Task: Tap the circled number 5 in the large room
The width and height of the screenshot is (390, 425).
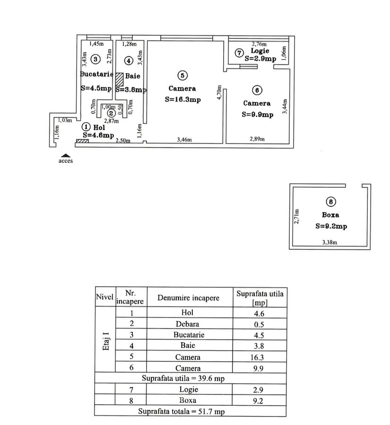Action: point(182,75)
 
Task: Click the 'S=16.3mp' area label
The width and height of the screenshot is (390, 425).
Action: point(182,100)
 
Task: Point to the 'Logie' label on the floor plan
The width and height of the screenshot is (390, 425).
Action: point(260,51)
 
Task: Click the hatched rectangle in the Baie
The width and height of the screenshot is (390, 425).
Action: point(119,78)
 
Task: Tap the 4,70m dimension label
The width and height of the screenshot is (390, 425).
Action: point(219,93)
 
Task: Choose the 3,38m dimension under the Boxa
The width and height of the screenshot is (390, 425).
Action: point(330,243)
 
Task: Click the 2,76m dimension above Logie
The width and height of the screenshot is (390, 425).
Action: point(259,44)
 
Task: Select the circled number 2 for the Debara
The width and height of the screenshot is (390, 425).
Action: point(111,113)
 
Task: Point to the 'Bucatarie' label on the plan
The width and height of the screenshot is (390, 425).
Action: point(96,74)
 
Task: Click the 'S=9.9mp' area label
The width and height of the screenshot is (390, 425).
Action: point(257,114)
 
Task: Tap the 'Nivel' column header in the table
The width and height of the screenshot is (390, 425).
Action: point(104,297)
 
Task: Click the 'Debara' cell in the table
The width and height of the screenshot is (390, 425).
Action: point(191,324)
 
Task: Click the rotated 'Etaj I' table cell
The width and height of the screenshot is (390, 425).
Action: point(105,340)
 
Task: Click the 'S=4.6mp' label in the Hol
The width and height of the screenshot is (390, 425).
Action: point(98,135)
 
